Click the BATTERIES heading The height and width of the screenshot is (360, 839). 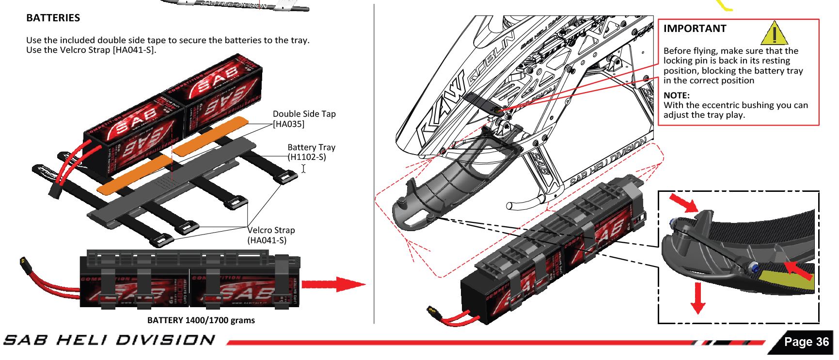click(x=53, y=18)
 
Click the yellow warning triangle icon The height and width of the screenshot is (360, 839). click(x=774, y=33)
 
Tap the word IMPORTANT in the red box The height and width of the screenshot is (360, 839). click(x=695, y=29)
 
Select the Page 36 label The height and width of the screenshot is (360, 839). click(x=806, y=342)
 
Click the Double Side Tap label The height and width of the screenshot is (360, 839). click(x=304, y=114)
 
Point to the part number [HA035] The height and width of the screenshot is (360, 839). click(x=288, y=124)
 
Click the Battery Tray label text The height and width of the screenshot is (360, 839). click(x=311, y=147)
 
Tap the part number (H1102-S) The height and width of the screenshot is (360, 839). click(x=307, y=157)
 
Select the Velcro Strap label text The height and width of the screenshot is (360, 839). click(x=271, y=230)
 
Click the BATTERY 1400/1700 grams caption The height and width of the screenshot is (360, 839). click(x=201, y=320)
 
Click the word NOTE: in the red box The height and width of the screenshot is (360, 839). click(x=676, y=95)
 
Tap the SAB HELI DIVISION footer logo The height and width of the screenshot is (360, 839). click(x=109, y=340)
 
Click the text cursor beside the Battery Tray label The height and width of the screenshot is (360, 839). click(x=303, y=169)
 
